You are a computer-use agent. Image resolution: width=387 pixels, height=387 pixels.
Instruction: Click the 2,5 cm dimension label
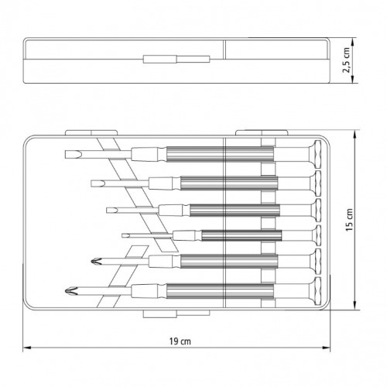pos(347,60)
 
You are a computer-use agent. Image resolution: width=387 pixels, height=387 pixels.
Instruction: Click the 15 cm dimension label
pos(349,220)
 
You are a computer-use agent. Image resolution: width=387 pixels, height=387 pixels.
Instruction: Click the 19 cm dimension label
pos(180,341)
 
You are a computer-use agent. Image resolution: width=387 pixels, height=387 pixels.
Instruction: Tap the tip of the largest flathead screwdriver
pos(65,155)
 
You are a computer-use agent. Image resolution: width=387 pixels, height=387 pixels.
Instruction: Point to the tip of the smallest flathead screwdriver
pos(122,235)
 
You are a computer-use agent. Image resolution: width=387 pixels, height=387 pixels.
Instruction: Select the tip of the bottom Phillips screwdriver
pos(66,291)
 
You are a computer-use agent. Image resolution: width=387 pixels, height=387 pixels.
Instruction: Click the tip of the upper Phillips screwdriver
pos(91,262)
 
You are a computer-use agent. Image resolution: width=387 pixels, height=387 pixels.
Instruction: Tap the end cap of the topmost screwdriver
pos(317,155)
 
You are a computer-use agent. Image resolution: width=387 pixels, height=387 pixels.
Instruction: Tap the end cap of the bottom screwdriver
pos(317,291)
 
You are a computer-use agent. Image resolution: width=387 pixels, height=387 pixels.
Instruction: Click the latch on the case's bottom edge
pos(176,313)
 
